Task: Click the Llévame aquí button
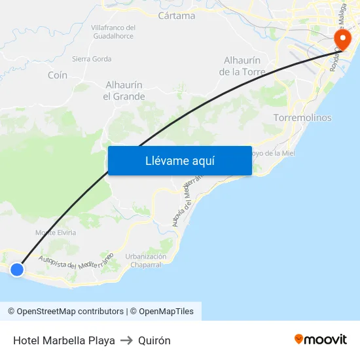180,160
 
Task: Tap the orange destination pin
341,38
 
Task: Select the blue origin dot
17,269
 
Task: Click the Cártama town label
177,15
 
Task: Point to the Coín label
58,75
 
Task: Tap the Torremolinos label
302,118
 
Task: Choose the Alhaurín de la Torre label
242,66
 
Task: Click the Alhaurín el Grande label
124,90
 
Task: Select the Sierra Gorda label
92,59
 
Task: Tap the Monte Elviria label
56,232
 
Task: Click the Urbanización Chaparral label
146,261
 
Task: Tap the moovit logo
320,340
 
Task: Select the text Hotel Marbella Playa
64,340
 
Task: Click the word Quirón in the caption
154,340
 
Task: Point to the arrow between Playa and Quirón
126,340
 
